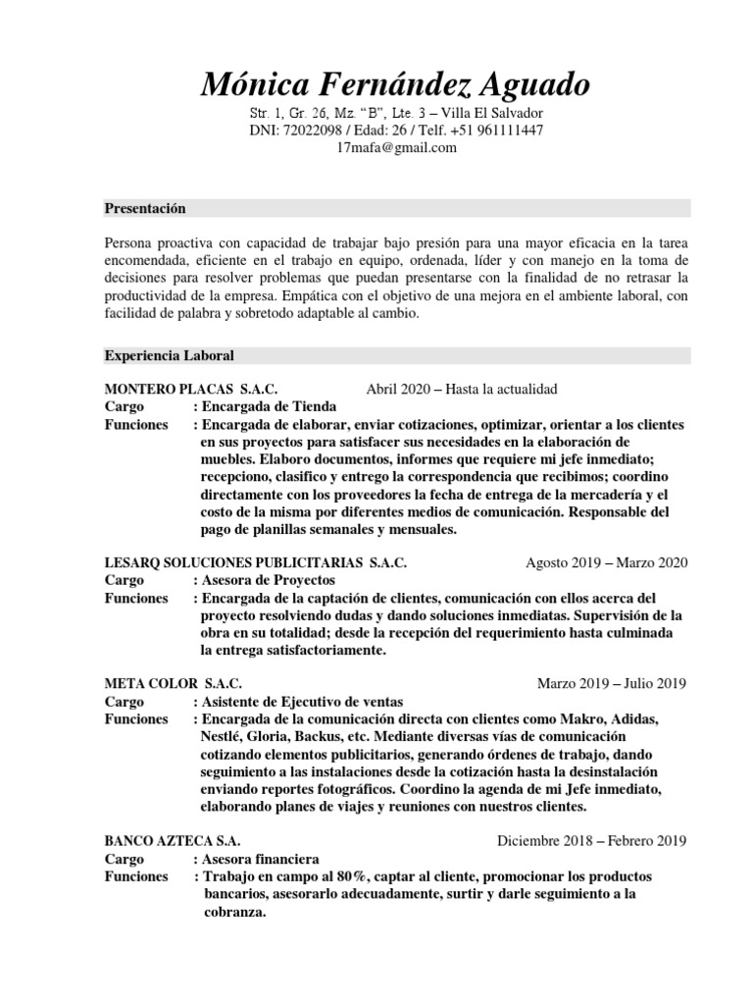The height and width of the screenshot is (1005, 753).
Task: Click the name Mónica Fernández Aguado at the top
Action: [396, 84]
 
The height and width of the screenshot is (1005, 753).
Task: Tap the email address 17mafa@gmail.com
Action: [396, 148]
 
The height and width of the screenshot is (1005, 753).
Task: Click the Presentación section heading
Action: [145, 209]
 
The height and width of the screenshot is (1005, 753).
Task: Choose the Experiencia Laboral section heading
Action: [169, 354]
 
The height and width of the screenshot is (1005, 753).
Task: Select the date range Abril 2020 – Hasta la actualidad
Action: [461, 390]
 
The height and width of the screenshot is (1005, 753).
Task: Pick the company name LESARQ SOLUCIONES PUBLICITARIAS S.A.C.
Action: [255, 562]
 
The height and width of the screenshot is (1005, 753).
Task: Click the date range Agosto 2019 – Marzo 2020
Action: [607, 562]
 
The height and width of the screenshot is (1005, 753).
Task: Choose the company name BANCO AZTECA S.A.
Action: [172, 841]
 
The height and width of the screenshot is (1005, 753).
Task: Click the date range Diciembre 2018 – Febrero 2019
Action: [592, 841]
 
